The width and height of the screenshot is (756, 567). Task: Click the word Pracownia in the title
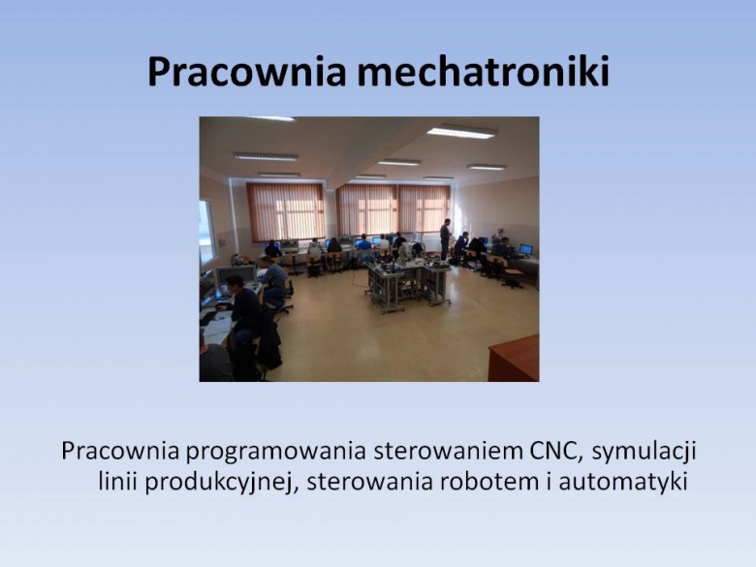[x=247, y=73]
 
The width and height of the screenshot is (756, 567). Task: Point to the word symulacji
[x=645, y=454]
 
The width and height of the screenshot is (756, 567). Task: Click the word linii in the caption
[x=118, y=482]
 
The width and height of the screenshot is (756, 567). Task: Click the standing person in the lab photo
[x=445, y=239]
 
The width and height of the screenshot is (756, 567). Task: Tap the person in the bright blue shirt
[x=364, y=243]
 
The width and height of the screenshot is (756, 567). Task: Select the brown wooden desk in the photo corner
[x=514, y=359]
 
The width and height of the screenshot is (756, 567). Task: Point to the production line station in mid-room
[x=407, y=282]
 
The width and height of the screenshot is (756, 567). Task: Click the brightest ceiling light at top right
[x=462, y=131]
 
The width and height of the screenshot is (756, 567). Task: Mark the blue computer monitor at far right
[x=525, y=249]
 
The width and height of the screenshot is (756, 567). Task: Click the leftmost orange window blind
[x=285, y=212]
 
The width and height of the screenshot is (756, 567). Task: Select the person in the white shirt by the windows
[x=384, y=243]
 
